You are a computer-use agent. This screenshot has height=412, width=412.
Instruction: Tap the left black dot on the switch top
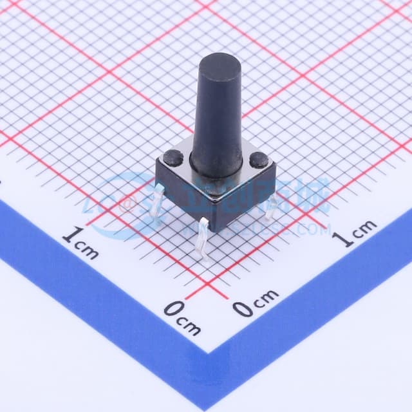pos(173,155)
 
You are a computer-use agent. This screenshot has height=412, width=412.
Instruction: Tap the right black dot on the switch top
pos(259,159)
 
